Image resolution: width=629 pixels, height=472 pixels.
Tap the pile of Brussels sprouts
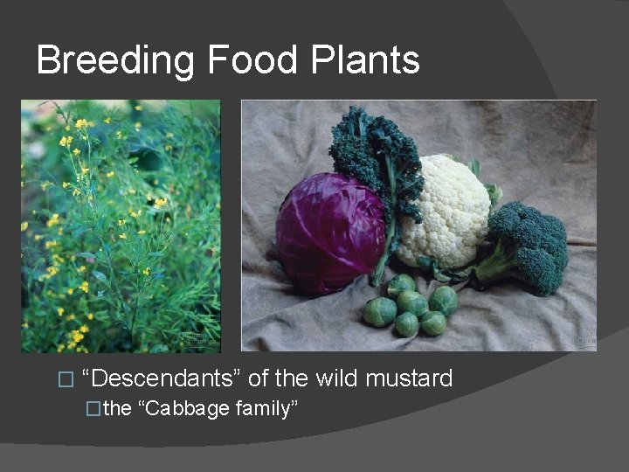point(411,309)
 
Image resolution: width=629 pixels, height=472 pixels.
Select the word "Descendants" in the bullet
point(162,378)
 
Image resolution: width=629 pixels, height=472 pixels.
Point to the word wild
point(336,378)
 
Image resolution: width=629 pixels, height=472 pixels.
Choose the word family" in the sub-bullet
point(267,408)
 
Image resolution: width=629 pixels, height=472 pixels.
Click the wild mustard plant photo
point(121,226)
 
